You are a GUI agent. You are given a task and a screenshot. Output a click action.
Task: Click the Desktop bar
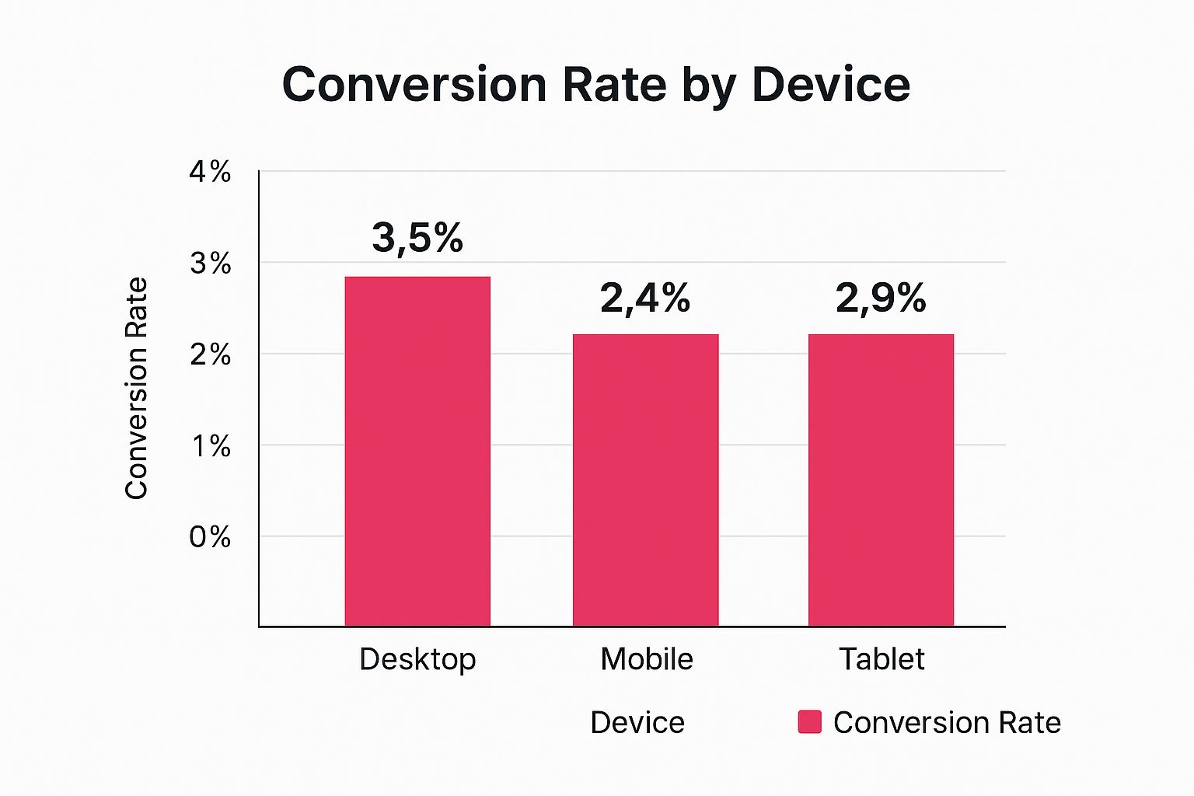click(417, 451)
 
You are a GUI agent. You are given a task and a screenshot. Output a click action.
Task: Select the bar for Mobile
click(645, 480)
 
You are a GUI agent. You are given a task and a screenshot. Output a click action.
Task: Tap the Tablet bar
click(881, 480)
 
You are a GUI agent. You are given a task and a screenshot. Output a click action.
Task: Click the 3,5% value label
click(417, 238)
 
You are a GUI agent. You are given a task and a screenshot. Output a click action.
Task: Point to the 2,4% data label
click(645, 298)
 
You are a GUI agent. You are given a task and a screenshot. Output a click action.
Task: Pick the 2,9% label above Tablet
click(881, 298)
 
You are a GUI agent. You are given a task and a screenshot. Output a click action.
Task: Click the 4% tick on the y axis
click(210, 172)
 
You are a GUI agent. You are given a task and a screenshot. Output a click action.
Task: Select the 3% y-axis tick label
click(210, 264)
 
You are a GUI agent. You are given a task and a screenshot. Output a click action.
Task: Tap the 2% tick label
click(210, 354)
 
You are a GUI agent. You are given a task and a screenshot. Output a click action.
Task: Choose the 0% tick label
click(210, 537)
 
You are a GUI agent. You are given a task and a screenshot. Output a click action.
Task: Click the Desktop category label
click(417, 659)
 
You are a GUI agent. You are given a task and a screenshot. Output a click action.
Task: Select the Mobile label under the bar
click(647, 659)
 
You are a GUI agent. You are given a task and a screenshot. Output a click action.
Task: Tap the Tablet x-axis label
click(882, 659)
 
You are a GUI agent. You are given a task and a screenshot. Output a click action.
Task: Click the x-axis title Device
click(637, 723)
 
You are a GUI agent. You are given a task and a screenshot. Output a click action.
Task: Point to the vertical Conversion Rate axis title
click(137, 388)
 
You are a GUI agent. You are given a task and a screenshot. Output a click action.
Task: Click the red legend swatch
click(809, 722)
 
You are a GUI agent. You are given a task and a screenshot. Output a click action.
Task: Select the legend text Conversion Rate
click(947, 723)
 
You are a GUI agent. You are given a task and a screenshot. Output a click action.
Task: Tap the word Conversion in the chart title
click(415, 84)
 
